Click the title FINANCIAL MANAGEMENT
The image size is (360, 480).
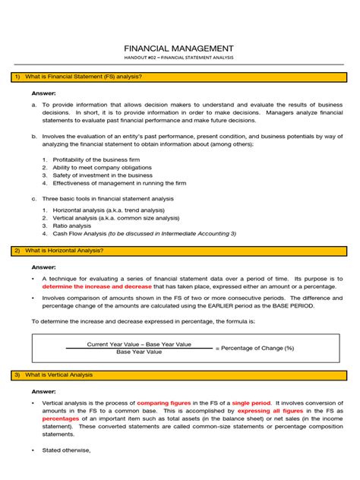coord(179,47)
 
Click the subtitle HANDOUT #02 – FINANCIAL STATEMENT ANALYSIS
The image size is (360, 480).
coord(179,58)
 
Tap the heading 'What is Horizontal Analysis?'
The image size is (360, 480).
coord(64,250)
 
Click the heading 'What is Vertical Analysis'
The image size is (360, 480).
coord(58,374)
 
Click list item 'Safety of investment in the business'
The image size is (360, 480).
coord(97,175)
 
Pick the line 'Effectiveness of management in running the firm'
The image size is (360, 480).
coord(114,182)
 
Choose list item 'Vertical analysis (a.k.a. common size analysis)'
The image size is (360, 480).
coord(113,217)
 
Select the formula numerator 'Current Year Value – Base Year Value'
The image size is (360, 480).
coord(139,344)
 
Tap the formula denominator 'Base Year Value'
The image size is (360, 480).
coord(139,352)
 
